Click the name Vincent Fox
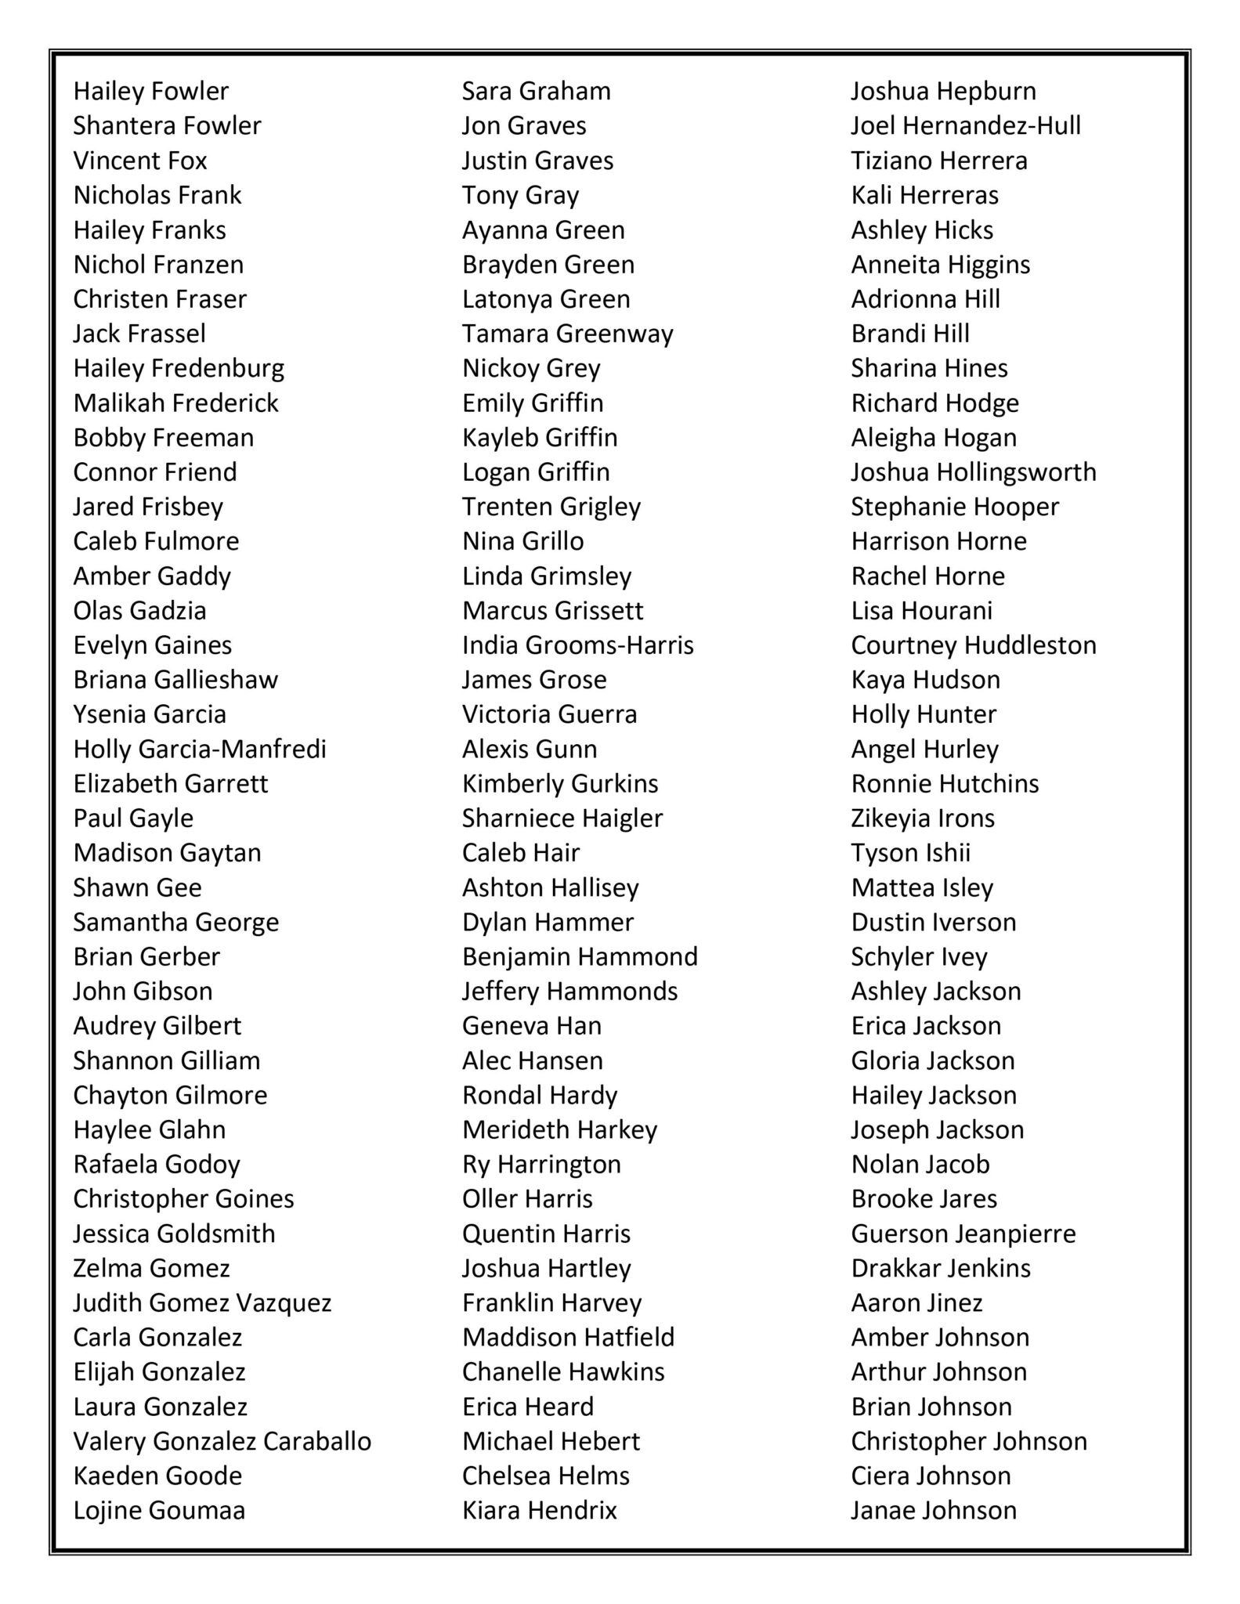pyautogui.click(x=140, y=161)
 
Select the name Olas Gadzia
pyautogui.click(x=140, y=610)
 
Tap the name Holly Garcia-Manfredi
pyautogui.click(x=200, y=749)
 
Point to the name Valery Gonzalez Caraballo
pyautogui.click(x=222, y=1441)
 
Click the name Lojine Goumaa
pyautogui.click(x=159, y=1510)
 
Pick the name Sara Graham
pyautogui.click(x=537, y=91)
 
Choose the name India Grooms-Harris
pyautogui.click(x=578, y=645)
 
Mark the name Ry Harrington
pyautogui.click(x=541, y=1164)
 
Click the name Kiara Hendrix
pyautogui.click(x=540, y=1510)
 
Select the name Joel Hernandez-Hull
pyautogui.click(x=966, y=125)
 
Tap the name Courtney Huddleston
pyautogui.click(x=974, y=645)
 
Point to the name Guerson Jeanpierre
pyautogui.click(x=963, y=1234)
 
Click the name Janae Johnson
pyautogui.click(x=934, y=1510)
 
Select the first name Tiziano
pyautogui.click(x=891, y=161)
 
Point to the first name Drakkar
pyautogui.click(x=888, y=1268)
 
